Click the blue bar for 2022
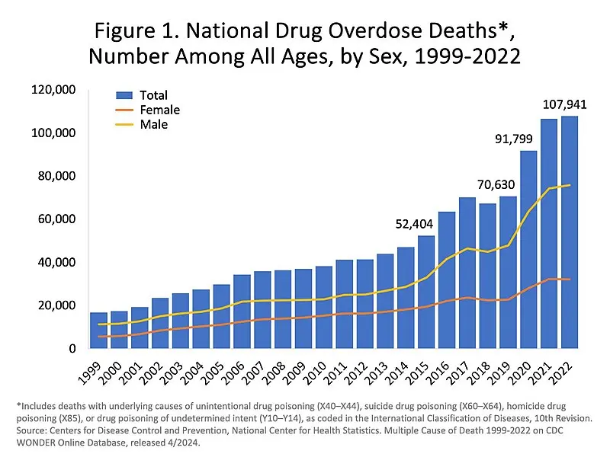(569, 232)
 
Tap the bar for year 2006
(242, 312)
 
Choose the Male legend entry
(154, 124)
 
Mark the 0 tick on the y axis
(72, 349)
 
